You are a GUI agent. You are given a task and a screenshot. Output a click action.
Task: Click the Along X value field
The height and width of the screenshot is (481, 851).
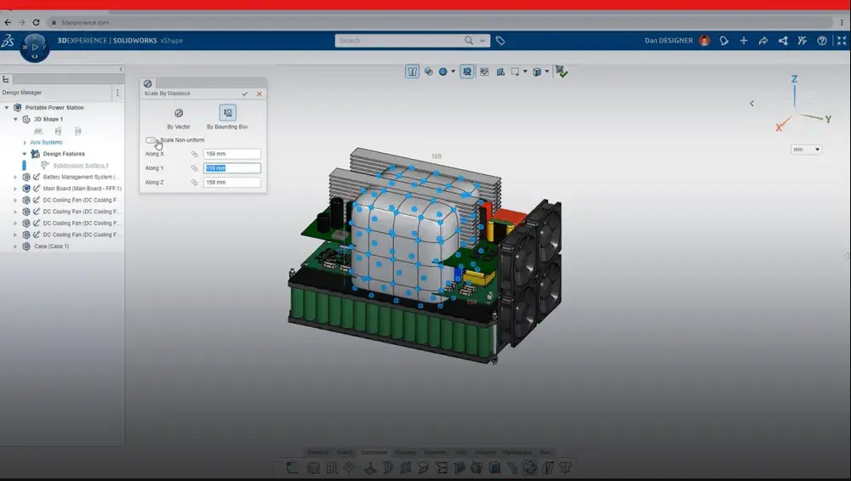pyautogui.click(x=231, y=155)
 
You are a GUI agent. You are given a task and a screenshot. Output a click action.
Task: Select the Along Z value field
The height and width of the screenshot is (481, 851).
pyautogui.click(x=231, y=183)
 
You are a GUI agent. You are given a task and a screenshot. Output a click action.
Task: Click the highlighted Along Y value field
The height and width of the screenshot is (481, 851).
pyautogui.click(x=231, y=168)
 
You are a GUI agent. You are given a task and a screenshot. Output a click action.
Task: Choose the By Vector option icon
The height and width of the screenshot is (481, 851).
pyautogui.click(x=179, y=113)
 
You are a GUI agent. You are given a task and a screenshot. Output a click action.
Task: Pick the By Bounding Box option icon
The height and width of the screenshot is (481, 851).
pyautogui.click(x=227, y=113)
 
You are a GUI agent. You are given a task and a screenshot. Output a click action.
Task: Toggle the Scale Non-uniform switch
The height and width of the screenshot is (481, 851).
pyautogui.click(x=151, y=140)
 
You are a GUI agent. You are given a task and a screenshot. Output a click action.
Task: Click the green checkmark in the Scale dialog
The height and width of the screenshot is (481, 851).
pyautogui.click(x=245, y=93)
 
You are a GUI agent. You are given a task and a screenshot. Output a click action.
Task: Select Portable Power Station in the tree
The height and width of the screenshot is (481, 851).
pyautogui.click(x=54, y=108)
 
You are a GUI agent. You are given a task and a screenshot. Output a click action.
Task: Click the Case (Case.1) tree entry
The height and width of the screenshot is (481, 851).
pyautogui.click(x=51, y=246)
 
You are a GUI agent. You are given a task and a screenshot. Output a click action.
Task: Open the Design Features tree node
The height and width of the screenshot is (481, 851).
pyautogui.click(x=64, y=154)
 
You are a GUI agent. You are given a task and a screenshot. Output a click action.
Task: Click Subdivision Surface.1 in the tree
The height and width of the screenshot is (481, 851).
pyautogui.click(x=81, y=165)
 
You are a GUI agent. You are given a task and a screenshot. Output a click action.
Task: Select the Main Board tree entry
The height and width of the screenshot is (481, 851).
pyautogui.click(x=82, y=189)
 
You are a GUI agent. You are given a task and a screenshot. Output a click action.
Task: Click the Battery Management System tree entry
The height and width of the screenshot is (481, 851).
pyautogui.click(x=82, y=177)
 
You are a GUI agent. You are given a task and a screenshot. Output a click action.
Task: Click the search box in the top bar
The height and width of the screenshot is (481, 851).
pyautogui.click(x=400, y=40)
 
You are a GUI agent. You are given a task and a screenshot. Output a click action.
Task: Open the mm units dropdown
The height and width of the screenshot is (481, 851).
pyautogui.click(x=806, y=150)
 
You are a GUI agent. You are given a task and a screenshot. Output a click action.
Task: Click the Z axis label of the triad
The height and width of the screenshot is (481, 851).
pyautogui.click(x=794, y=79)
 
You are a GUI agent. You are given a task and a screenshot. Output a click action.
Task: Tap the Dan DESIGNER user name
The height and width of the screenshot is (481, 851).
pyautogui.click(x=669, y=40)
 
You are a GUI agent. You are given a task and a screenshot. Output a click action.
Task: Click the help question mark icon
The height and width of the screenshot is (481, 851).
pyautogui.click(x=821, y=40)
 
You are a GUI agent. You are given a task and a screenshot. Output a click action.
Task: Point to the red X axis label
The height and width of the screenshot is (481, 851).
pyautogui.click(x=779, y=127)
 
